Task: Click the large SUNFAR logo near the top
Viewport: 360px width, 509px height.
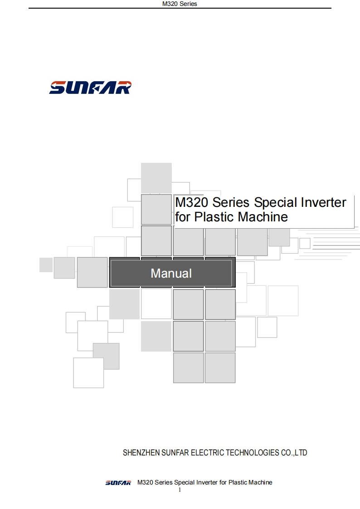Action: [x=90, y=88]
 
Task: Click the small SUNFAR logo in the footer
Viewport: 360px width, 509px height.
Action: [x=118, y=483]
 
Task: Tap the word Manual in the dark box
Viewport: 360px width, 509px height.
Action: [x=171, y=274]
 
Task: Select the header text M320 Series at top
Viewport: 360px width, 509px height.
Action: [x=180, y=4]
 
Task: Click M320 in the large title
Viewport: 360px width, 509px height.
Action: [x=191, y=202]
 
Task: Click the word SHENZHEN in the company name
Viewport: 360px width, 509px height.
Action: [x=141, y=452]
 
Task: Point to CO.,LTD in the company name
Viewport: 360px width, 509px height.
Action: [x=294, y=452]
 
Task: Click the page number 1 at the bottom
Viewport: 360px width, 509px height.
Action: [x=180, y=490]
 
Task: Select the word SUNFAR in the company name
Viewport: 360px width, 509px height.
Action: [x=175, y=452]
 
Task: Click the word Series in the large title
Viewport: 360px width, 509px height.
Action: [x=231, y=202]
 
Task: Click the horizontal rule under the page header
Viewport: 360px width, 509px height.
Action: [x=180, y=8]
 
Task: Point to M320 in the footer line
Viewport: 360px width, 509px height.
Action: [x=145, y=482]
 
